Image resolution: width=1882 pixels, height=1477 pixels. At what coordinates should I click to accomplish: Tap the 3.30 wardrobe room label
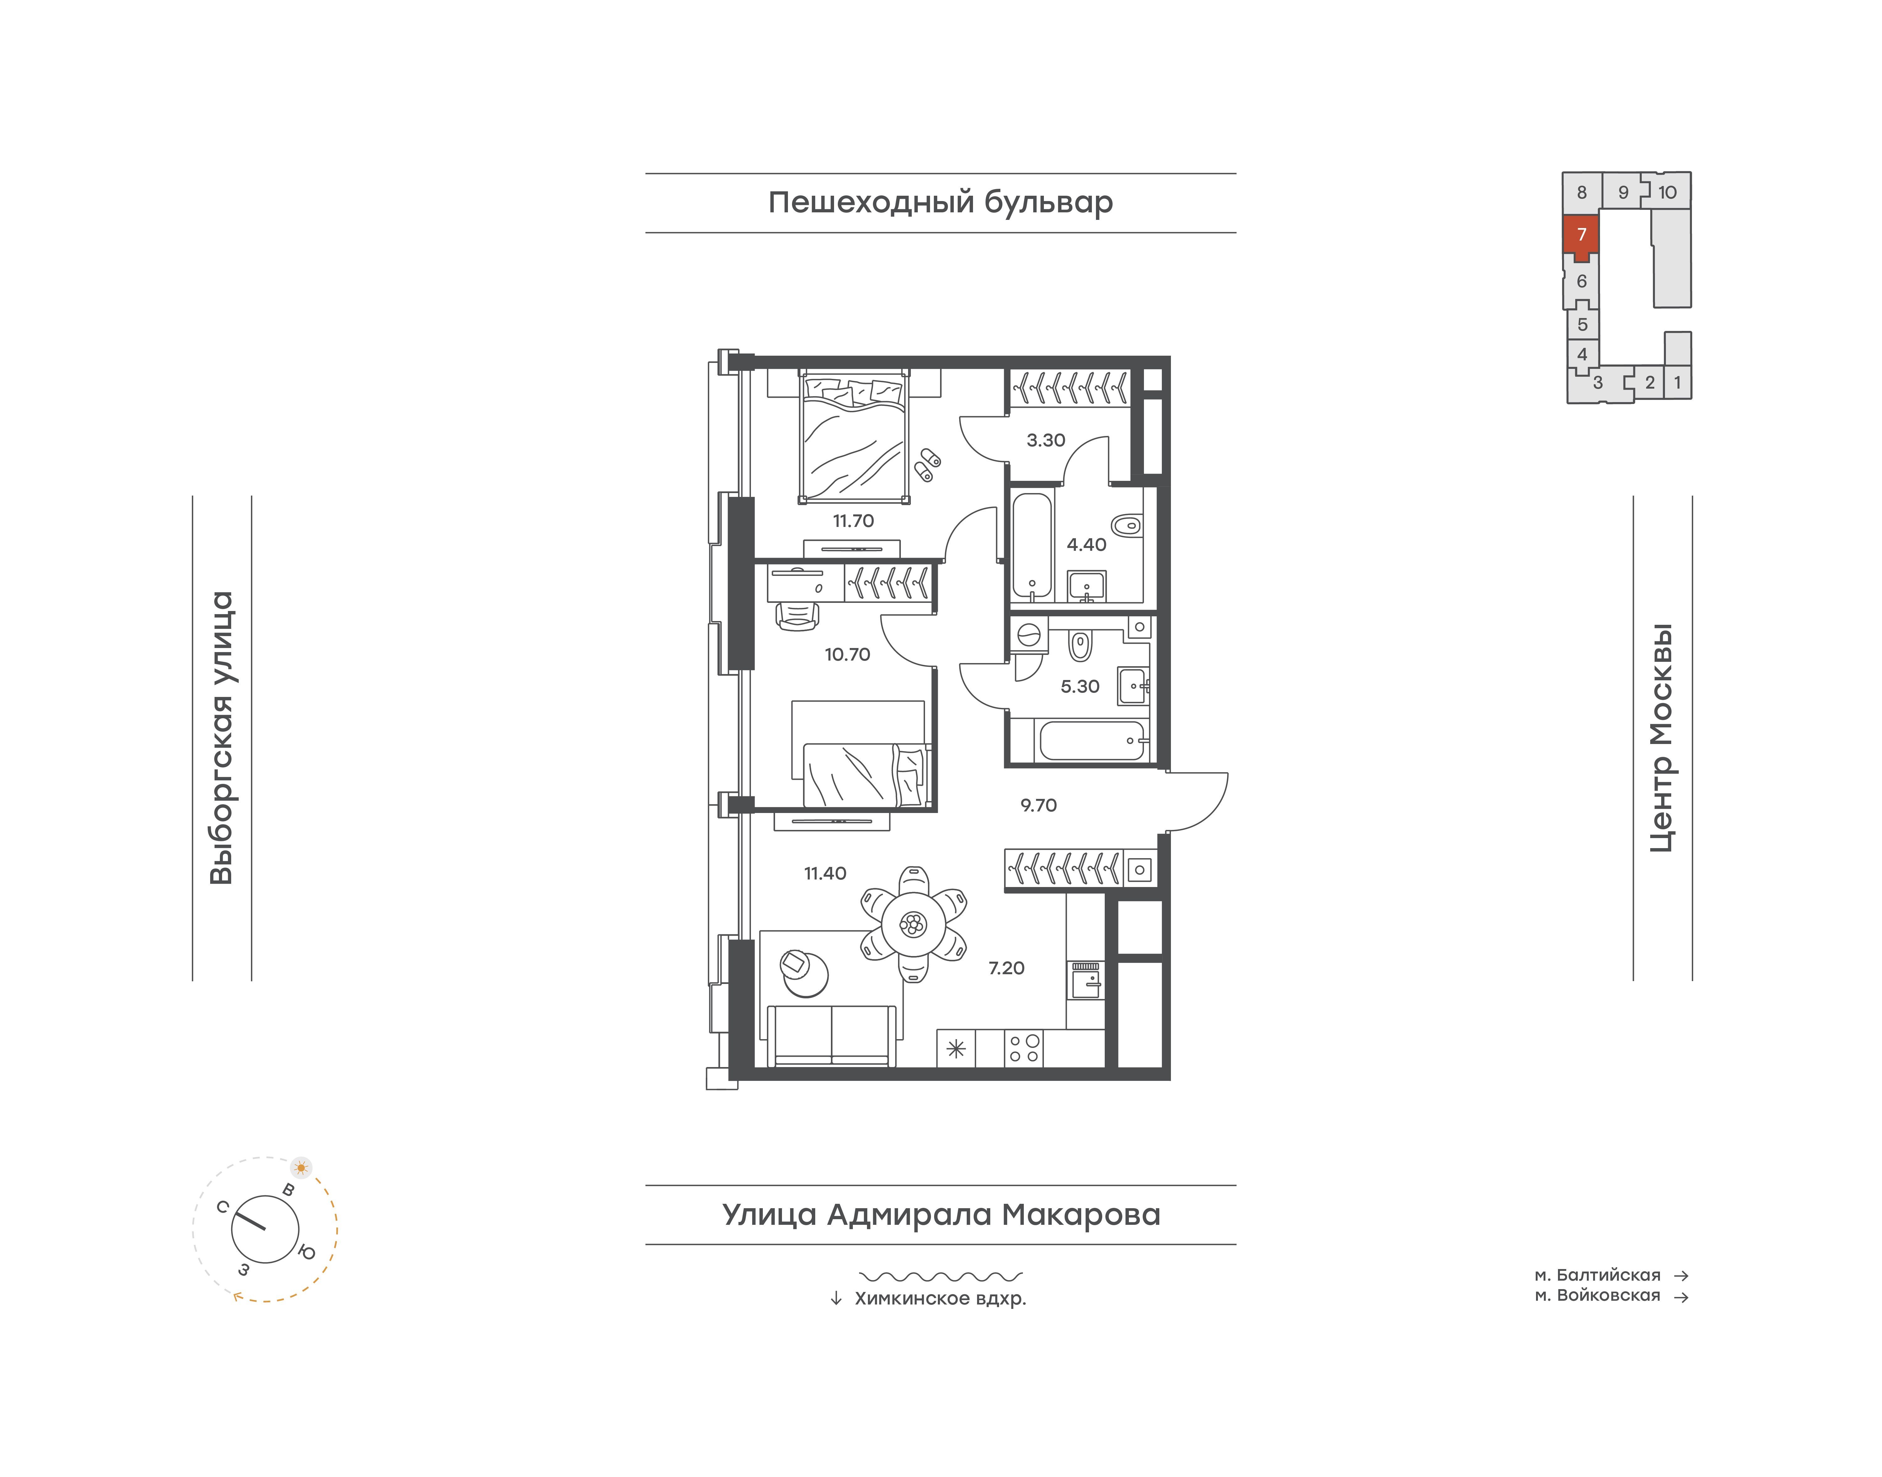pos(1046,440)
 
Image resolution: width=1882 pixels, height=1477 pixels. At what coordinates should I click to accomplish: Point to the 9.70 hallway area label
pos(1038,805)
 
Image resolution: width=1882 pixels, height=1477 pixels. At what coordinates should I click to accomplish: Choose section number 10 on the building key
pos(1667,192)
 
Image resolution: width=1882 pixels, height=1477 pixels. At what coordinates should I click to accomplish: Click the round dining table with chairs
pos(913,924)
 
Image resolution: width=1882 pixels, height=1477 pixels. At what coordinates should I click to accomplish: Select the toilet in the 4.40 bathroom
pos(1126,525)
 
